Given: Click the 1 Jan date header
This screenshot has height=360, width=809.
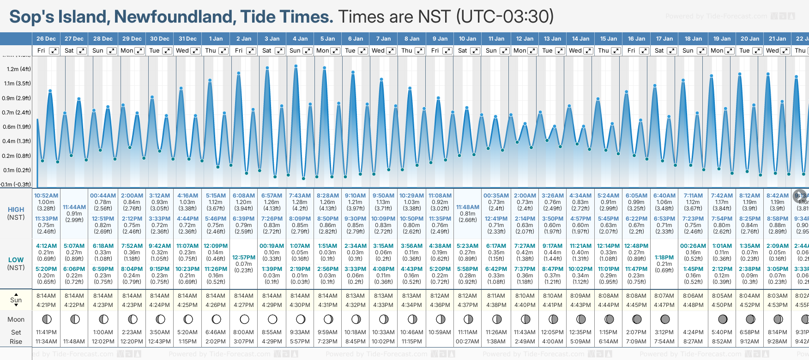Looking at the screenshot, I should click(216, 39).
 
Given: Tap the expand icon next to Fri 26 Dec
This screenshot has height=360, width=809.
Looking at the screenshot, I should click(54, 51).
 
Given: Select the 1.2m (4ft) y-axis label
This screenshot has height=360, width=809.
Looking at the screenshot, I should click(19, 69).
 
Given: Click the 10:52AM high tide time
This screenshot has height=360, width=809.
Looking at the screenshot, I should click(46, 196).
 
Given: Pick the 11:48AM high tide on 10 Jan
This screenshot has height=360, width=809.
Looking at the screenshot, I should click(467, 207).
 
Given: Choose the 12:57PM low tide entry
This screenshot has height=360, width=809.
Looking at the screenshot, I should click(243, 258).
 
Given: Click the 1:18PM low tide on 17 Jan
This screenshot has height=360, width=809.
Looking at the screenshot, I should click(664, 258).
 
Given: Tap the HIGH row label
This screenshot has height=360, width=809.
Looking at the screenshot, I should click(16, 210).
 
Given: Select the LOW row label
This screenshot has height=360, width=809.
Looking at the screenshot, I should click(16, 260).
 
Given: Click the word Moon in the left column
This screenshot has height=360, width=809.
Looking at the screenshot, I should click(16, 319).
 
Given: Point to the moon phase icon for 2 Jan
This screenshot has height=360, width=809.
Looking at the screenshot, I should click(244, 319).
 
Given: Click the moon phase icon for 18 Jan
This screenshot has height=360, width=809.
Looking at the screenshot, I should click(693, 319).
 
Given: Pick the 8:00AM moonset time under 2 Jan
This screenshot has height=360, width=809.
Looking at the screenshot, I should click(243, 332).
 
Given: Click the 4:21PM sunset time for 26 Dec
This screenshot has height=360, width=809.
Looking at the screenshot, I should click(46, 305).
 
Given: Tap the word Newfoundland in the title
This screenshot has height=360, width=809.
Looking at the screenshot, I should click(175, 17).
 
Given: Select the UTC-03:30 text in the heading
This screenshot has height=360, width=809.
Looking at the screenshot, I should click(505, 17).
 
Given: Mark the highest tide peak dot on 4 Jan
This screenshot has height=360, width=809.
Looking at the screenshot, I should click(296, 66).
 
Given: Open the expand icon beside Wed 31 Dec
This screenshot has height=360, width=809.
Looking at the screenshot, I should click(195, 51).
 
